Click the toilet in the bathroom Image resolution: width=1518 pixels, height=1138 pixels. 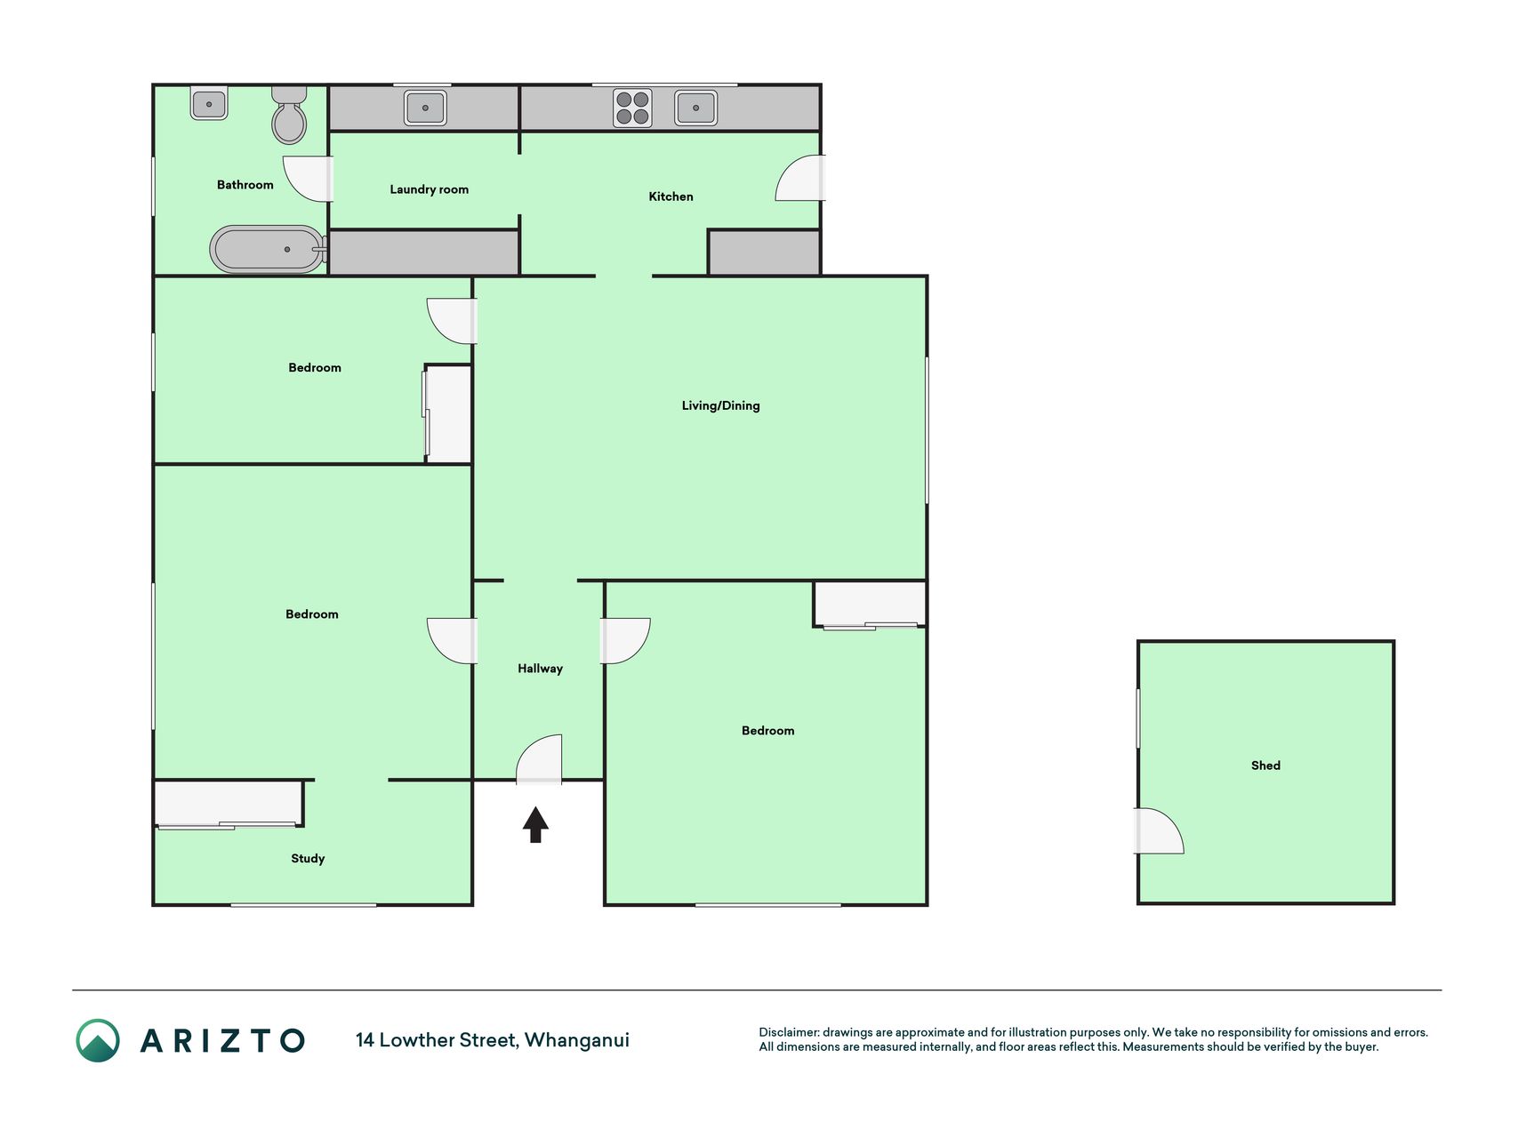pos(289,115)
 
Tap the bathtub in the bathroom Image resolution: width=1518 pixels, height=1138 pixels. pos(269,249)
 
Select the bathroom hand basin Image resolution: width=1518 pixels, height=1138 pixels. pos(209,103)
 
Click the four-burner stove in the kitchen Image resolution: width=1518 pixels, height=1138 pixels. pos(632,108)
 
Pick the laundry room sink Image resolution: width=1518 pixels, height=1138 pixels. pos(425,108)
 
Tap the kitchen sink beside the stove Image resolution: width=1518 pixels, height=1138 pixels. pos(695,108)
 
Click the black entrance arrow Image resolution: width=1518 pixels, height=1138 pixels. pos(535,824)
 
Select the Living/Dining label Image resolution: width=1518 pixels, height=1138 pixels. pos(720,405)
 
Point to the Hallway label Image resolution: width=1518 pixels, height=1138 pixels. pos(540,669)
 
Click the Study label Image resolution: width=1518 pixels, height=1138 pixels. pos(308,858)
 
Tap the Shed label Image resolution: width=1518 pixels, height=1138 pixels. pos(1265,765)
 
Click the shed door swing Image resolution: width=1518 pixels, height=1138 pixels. pos(1159,830)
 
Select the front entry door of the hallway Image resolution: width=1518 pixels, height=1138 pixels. pos(539,759)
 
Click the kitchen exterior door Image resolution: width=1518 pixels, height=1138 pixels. pos(800,178)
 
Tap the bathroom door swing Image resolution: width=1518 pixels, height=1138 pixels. pos(308,179)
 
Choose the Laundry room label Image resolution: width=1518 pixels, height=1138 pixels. pos(429,189)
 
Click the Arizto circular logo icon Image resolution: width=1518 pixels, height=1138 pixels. pos(98,1040)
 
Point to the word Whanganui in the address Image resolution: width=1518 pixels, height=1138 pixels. pos(576,1040)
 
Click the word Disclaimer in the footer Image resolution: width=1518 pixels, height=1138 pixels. pos(789,1032)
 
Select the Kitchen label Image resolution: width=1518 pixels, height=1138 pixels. pos(671,196)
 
